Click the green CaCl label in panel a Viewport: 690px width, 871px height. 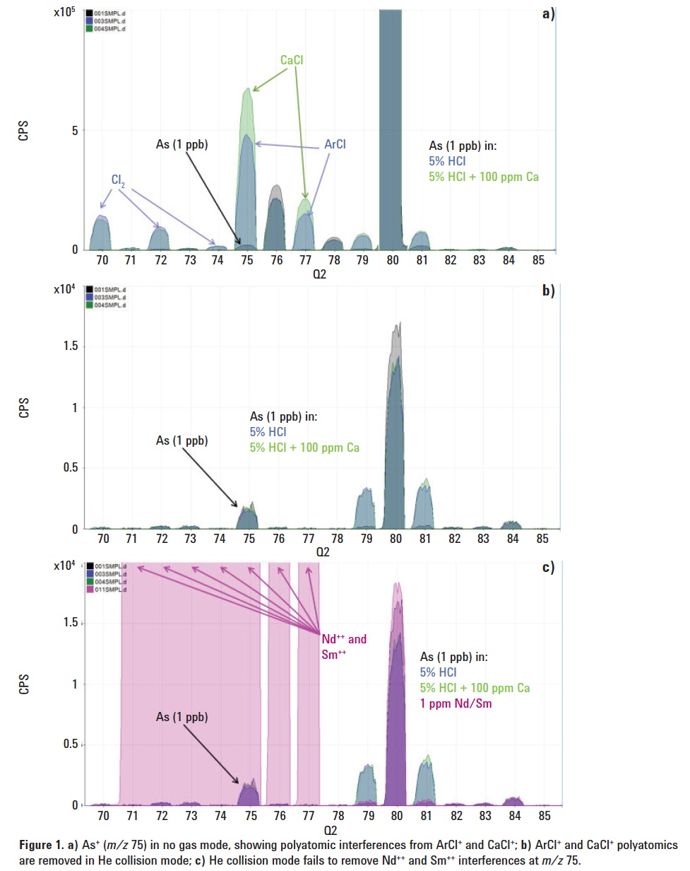292,62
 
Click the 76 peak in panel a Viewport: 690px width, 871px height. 276,219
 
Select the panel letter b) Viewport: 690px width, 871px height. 548,290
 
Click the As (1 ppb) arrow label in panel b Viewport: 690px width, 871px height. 182,440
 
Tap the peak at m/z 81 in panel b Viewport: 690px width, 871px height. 424,505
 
